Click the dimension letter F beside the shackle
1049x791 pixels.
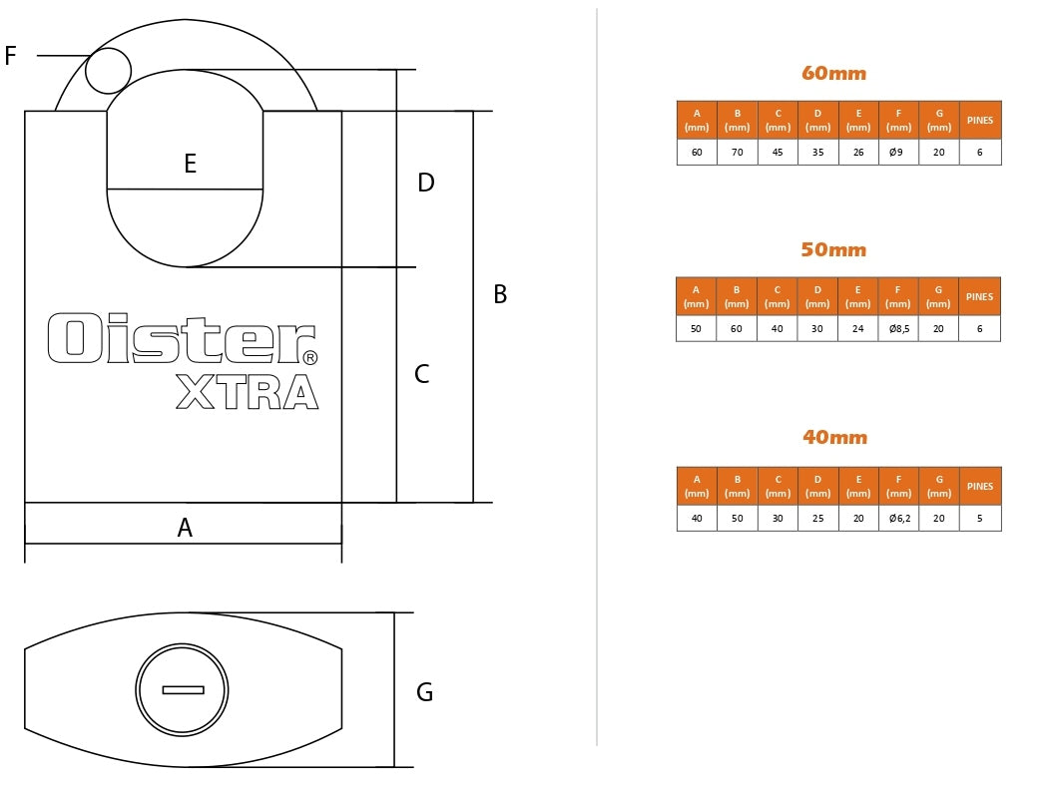click(x=11, y=56)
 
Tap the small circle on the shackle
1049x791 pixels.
click(x=108, y=71)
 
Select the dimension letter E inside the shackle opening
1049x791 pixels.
click(x=190, y=164)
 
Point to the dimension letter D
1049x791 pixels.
click(x=426, y=183)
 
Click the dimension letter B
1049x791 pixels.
click(x=500, y=295)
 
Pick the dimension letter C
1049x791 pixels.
click(x=422, y=374)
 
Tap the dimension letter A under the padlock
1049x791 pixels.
click(x=185, y=528)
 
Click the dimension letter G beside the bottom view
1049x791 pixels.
click(x=424, y=692)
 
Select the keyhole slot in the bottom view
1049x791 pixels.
click(x=183, y=689)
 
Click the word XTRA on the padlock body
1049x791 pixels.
click(x=247, y=393)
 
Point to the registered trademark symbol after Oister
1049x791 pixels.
click(x=309, y=357)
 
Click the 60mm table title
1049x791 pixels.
click(x=833, y=73)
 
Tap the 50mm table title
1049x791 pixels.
click(x=833, y=249)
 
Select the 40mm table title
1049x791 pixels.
click(x=834, y=437)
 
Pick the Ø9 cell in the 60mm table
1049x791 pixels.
click(x=898, y=153)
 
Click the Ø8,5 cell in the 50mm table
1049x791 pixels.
click(x=898, y=329)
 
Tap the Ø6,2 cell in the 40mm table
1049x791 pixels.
click(x=899, y=519)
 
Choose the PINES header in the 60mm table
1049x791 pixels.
click(x=980, y=121)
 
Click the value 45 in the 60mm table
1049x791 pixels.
click(x=778, y=153)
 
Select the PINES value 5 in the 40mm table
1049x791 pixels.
click(x=980, y=519)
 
